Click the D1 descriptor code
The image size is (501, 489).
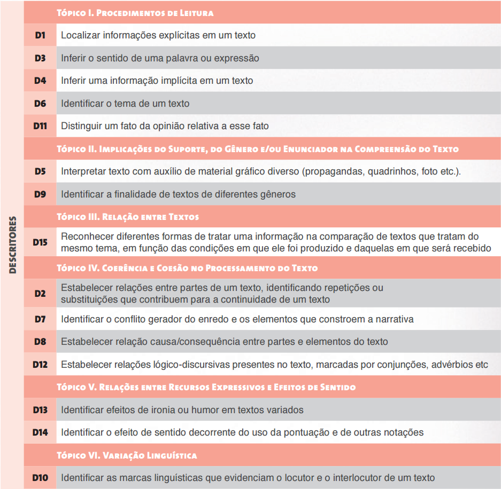tap(40, 35)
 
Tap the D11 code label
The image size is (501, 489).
tap(40, 127)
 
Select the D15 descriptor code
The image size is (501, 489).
tap(40, 242)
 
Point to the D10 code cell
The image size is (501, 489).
tap(40, 478)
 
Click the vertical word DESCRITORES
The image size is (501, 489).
tap(13, 244)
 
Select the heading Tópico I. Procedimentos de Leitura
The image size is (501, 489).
tap(135, 13)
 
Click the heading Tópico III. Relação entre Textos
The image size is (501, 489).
tap(128, 217)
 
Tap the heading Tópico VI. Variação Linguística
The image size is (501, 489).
tap(127, 455)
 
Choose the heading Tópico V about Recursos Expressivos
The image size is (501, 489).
tap(206, 387)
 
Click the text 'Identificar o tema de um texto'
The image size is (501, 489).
tap(125, 104)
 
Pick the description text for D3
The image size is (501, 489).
tap(160, 58)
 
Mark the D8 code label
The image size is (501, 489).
tap(40, 342)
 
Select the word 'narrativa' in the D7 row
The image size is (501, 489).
tap(394, 319)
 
